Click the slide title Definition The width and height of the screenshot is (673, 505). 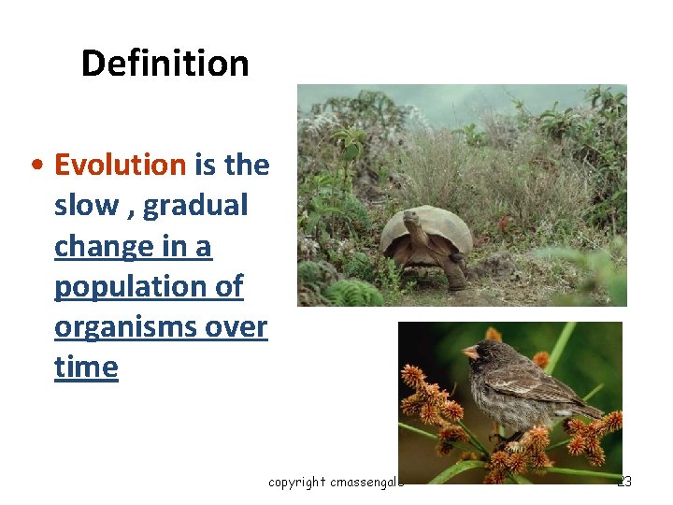coord(165,64)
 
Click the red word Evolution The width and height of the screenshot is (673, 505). coord(121,166)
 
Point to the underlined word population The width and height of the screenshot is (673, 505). coord(131,287)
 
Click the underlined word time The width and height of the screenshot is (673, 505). coord(86,368)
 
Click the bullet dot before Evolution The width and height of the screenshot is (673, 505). coord(35,166)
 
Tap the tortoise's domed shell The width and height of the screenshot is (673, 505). coord(435,224)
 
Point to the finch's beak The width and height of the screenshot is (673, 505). coord(471,353)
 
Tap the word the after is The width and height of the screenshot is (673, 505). coord(247,166)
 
